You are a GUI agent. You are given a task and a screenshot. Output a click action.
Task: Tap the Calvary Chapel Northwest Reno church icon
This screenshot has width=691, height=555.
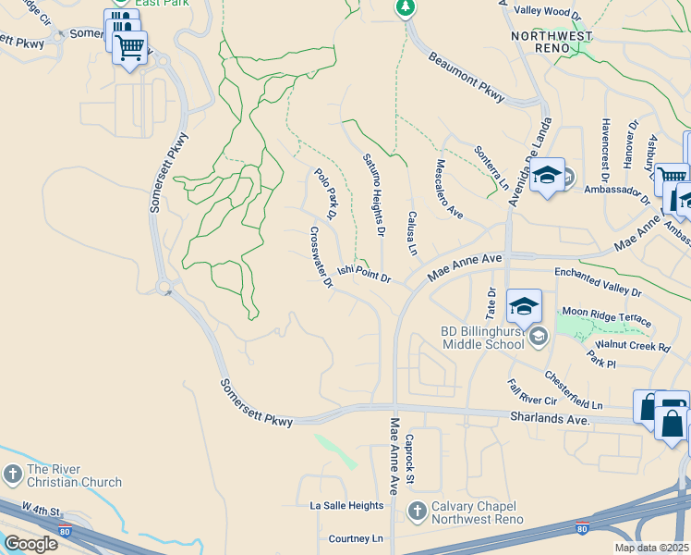pyautogui.click(x=418, y=511)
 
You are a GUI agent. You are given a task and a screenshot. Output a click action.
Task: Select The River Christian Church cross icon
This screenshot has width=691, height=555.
pyautogui.click(x=12, y=475)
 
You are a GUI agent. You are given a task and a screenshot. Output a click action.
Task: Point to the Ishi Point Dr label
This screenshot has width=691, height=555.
pyautogui.click(x=364, y=273)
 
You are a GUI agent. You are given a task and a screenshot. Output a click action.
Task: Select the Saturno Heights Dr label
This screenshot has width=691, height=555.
pyautogui.click(x=373, y=192)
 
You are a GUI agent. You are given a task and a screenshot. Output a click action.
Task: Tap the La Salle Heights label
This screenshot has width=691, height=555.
pyautogui.click(x=345, y=506)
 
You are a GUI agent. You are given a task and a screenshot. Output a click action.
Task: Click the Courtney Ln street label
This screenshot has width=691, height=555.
pyautogui.click(x=356, y=538)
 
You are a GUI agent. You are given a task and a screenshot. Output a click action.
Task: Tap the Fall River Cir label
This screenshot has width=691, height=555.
pyautogui.click(x=531, y=393)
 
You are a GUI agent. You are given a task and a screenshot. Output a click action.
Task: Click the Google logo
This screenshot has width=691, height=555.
pyautogui.click(x=30, y=544)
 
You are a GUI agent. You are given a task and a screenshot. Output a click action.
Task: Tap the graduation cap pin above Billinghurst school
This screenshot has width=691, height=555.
pyautogui.click(x=524, y=306)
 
